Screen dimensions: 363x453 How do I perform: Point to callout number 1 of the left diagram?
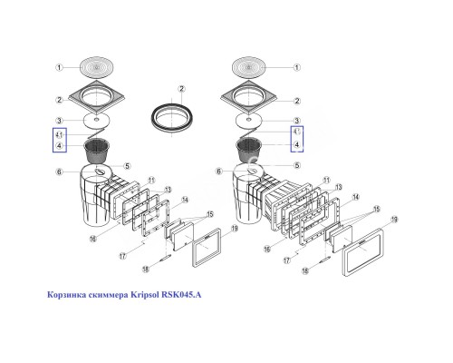coord(59,66)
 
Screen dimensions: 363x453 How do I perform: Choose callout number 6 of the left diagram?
coord(59,172)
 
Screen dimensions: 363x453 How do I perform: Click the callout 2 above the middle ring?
coord(180,87)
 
